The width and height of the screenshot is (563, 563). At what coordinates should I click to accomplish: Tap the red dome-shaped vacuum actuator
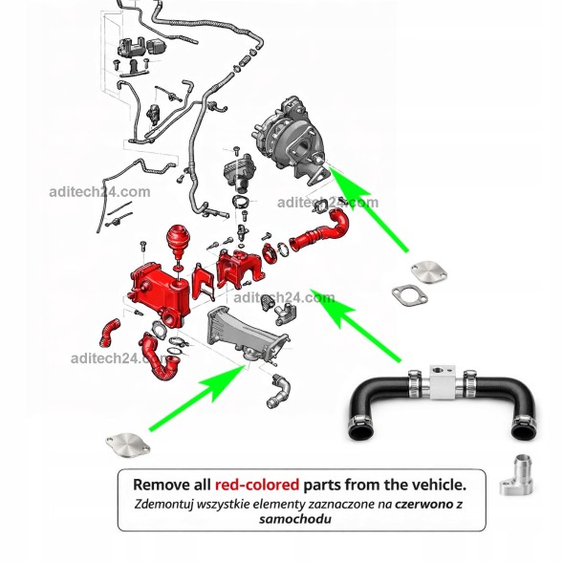tap(179, 241)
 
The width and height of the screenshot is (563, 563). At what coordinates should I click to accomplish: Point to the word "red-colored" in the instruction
tap(257, 485)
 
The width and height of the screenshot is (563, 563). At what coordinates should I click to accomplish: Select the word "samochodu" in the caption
tap(295, 519)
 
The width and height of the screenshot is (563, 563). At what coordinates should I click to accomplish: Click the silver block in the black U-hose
tap(442, 382)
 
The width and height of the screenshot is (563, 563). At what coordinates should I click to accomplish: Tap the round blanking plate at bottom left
tap(128, 446)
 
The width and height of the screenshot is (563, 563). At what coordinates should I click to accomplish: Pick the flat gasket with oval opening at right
tap(410, 296)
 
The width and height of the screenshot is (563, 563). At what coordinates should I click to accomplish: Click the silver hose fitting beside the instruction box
tap(516, 475)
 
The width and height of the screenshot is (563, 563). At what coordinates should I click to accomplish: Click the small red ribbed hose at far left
tap(110, 332)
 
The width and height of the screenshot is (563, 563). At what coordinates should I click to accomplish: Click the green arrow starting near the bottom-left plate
tap(198, 398)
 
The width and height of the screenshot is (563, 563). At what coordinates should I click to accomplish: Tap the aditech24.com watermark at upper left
tap(99, 192)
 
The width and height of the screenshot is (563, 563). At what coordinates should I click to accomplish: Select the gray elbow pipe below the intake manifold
tap(280, 391)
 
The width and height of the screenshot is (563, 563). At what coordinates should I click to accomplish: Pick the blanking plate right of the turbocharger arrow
tap(429, 271)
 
